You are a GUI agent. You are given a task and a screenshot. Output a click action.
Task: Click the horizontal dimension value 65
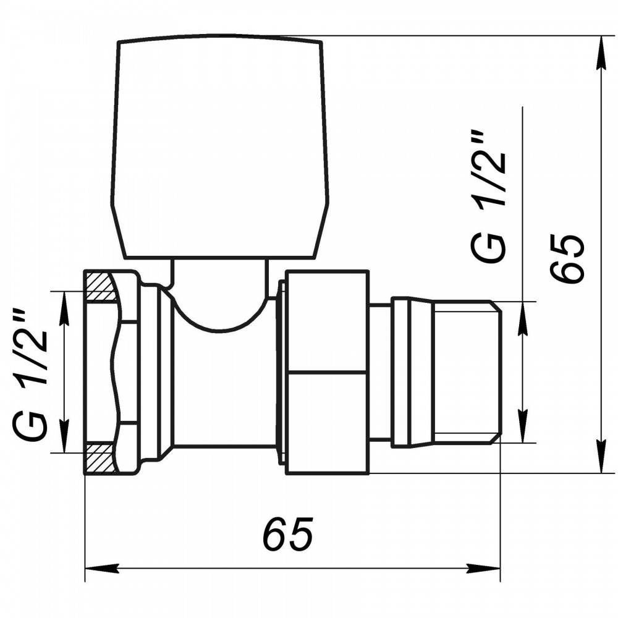click(288, 534)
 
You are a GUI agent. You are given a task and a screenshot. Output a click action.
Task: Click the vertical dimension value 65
click(566, 258)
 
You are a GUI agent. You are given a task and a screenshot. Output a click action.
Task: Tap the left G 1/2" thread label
click(31, 374)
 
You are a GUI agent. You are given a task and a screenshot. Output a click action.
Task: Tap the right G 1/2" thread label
click(488, 197)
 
